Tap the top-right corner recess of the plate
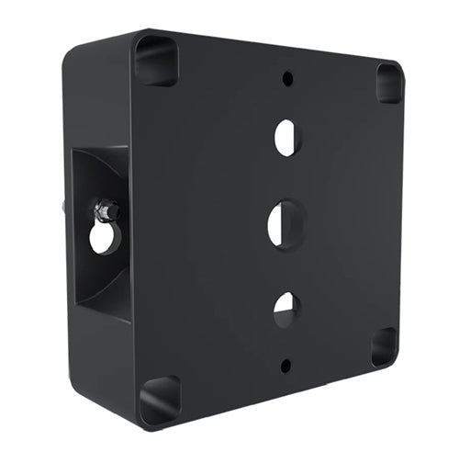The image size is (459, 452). (389, 83)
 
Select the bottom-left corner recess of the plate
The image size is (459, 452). (160, 400)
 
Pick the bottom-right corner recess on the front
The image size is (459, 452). (384, 346)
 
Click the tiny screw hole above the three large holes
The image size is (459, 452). (287, 78)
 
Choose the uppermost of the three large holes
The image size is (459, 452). (286, 137)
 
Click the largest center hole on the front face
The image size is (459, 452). (281, 223)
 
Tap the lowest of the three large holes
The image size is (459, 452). (285, 310)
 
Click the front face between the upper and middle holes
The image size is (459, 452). (285, 179)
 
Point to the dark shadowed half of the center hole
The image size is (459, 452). (274, 223)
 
